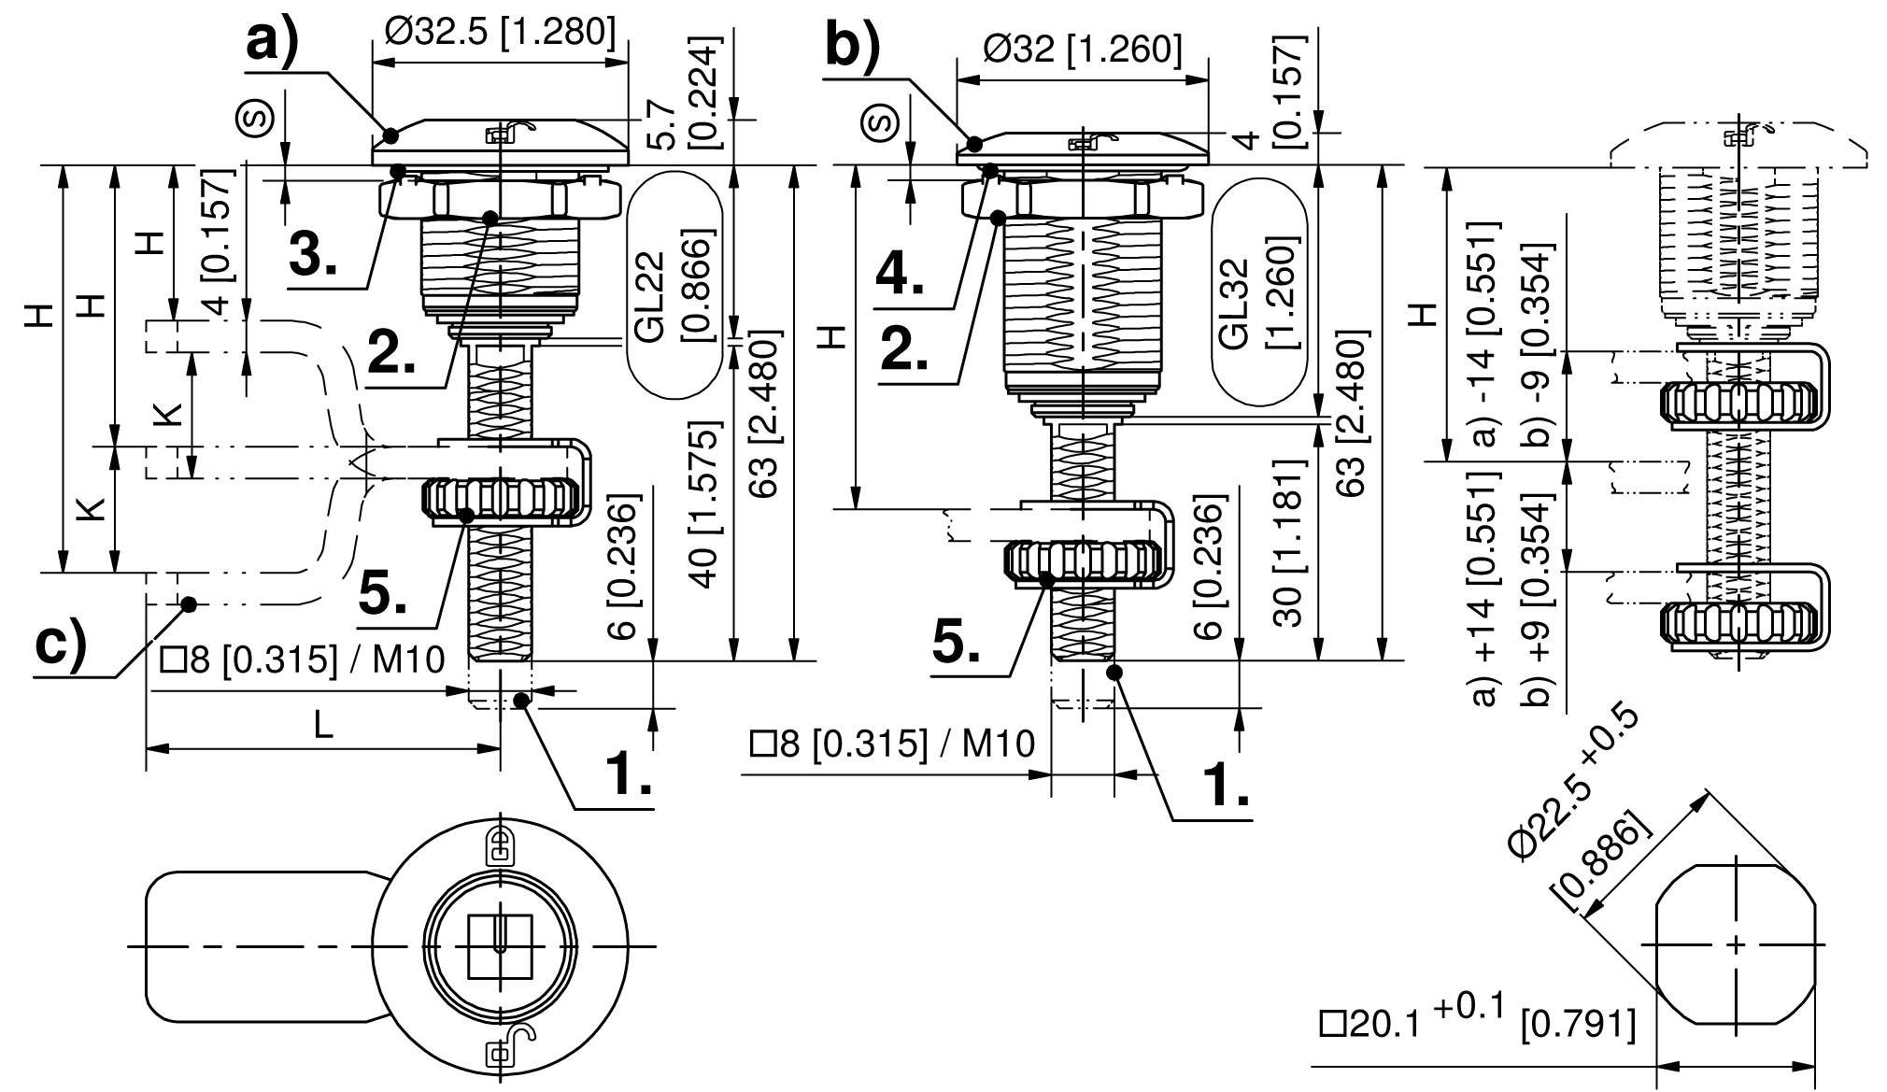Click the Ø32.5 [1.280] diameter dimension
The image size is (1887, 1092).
(500, 32)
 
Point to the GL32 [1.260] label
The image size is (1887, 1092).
(1257, 294)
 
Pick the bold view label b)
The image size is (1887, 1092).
(852, 47)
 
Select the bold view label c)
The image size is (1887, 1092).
(60, 645)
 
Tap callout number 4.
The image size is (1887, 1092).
(900, 273)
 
